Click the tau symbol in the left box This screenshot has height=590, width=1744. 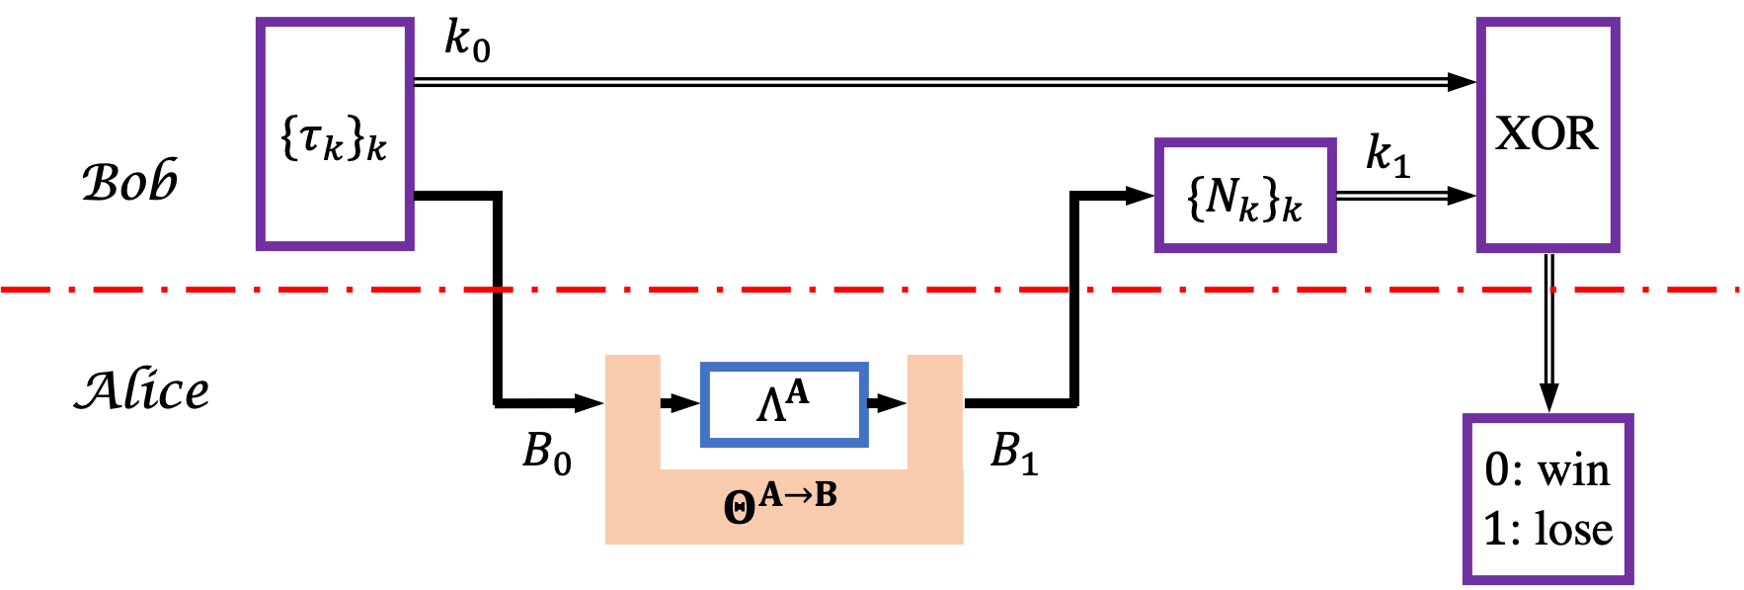(309, 137)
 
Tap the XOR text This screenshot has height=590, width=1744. (1546, 133)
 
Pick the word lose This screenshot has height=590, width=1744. (1574, 529)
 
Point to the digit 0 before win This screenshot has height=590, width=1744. (1497, 470)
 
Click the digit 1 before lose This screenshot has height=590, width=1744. (1495, 529)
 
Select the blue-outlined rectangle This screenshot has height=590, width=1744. (784, 405)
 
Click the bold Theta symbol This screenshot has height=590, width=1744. (739, 507)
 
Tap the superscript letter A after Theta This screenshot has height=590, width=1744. (770, 494)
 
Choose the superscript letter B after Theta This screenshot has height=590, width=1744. (826, 494)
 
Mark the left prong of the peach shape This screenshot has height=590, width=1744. (632, 410)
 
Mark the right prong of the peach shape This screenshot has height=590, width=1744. (934, 410)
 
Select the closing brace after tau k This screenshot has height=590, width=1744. (354, 137)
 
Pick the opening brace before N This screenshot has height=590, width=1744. (1196, 197)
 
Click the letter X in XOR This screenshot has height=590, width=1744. (1513, 133)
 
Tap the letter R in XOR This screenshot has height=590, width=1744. (1581, 133)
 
